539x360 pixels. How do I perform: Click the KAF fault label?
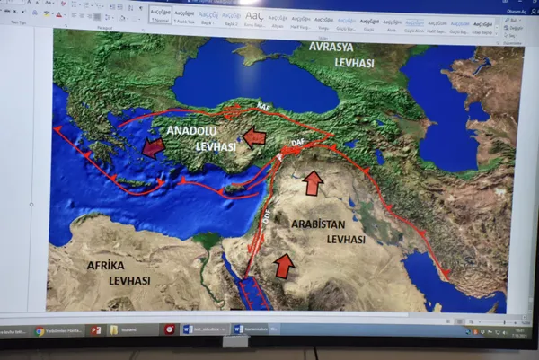pyautogui.click(x=264, y=106)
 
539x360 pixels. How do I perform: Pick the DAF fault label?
pyautogui.click(x=299, y=155)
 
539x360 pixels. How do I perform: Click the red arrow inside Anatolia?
pyautogui.click(x=256, y=136)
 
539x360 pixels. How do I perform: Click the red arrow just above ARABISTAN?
pyautogui.click(x=313, y=183)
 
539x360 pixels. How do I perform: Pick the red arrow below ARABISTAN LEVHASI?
pyautogui.click(x=284, y=265)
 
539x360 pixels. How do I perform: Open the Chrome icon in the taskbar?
pyautogui.click(x=40, y=331)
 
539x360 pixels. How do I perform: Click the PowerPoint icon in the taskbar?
pyautogui.click(x=94, y=330)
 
